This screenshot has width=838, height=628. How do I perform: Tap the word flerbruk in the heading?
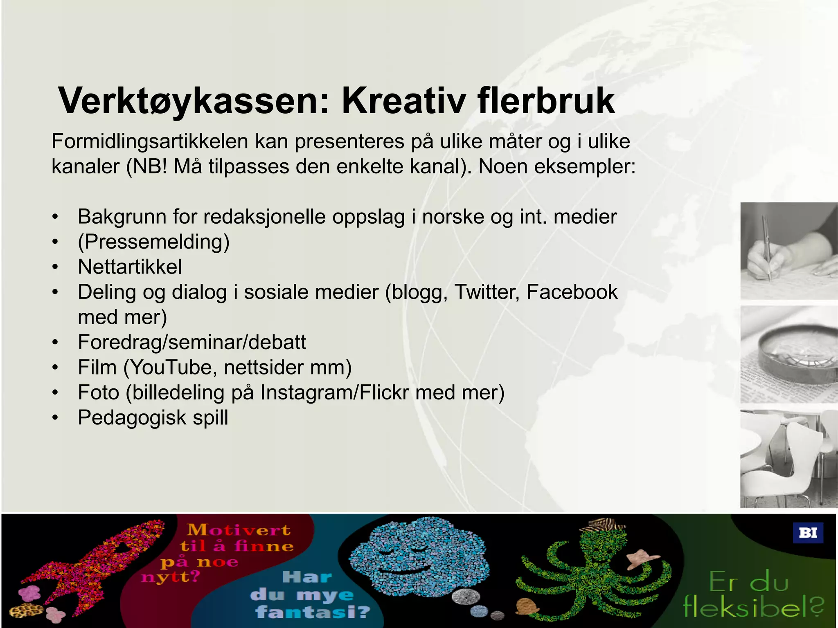(x=546, y=101)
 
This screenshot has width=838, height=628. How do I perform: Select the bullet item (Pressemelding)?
(x=153, y=242)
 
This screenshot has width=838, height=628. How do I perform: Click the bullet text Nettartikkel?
(x=130, y=267)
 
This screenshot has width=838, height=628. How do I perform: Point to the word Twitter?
(x=487, y=292)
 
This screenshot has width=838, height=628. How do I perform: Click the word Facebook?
(x=572, y=292)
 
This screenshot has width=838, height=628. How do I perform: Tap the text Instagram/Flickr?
(x=334, y=392)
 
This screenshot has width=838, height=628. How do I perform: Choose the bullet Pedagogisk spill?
(x=153, y=417)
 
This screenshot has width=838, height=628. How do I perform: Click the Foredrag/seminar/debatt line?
(x=191, y=342)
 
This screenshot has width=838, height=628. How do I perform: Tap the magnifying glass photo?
(x=788, y=354)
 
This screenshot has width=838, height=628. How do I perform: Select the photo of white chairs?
(x=788, y=459)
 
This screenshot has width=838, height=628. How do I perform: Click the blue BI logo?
(x=808, y=533)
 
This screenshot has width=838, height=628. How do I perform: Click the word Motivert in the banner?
(x=239, y=530)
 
